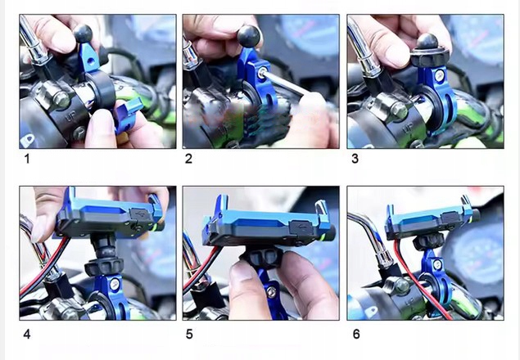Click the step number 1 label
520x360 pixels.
[x=27, y=159]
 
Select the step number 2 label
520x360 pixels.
[x=188, y=159]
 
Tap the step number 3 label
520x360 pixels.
[x=355, y=159]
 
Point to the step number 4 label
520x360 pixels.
[x=27, y=334]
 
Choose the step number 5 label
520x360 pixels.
[x=189, y=334]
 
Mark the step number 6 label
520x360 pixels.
[x=356, y=334]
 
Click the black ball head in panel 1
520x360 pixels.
[x=83, y=34]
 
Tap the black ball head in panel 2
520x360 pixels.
[x=249, y=37]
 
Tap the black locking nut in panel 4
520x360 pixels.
[x=104, y=266]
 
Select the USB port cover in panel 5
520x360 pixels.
[x=301, y=227]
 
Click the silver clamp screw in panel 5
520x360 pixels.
[x=272, y=291]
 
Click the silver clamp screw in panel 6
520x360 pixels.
[x=438, y=264]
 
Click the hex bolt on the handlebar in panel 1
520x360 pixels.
[x=61, y=100]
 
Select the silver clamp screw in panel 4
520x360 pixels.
[x=115, y=283]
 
